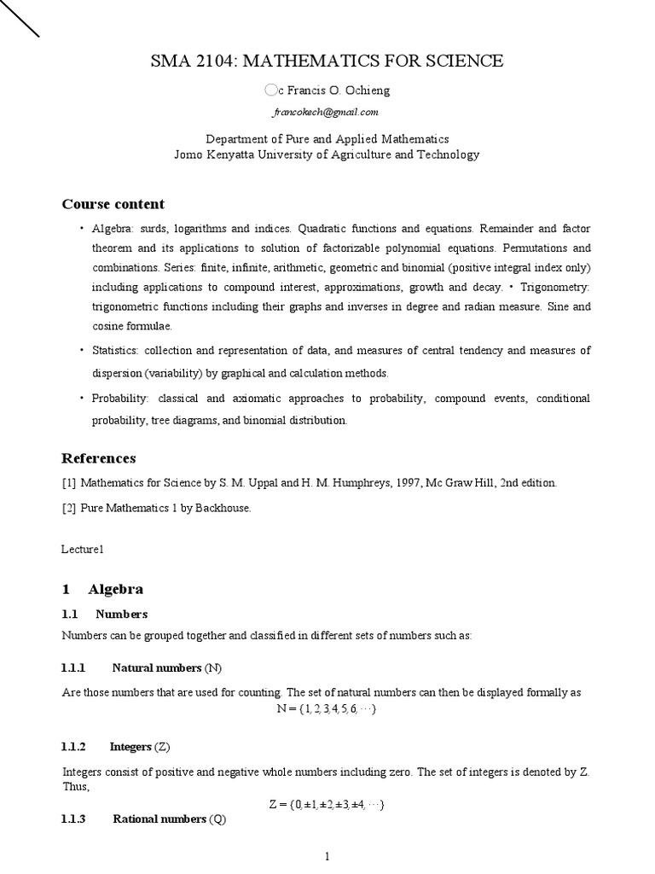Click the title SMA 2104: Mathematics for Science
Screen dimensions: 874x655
click(x=327, y=61)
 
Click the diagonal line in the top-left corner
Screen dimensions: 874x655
click(x=19, y=18)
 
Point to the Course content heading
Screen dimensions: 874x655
click(x=113, y=204)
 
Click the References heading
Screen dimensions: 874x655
click(x=98, y=458)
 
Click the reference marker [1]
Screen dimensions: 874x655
click(x=69, y=483)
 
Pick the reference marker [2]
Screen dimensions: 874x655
click(x=69, y=508)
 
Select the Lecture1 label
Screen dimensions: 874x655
click(x=83, y=551)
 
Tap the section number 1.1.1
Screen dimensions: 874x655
click(x=74, y=667)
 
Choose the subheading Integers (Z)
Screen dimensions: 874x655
click(x=141, y=747)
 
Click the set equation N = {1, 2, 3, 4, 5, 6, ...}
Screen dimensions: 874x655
click(x=327, y=709)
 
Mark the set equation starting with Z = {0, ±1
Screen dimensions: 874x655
click(x=327, y=804)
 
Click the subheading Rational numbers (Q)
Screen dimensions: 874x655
click(x=166, y=819)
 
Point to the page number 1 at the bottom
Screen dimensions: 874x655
click(x=327, y=857)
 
